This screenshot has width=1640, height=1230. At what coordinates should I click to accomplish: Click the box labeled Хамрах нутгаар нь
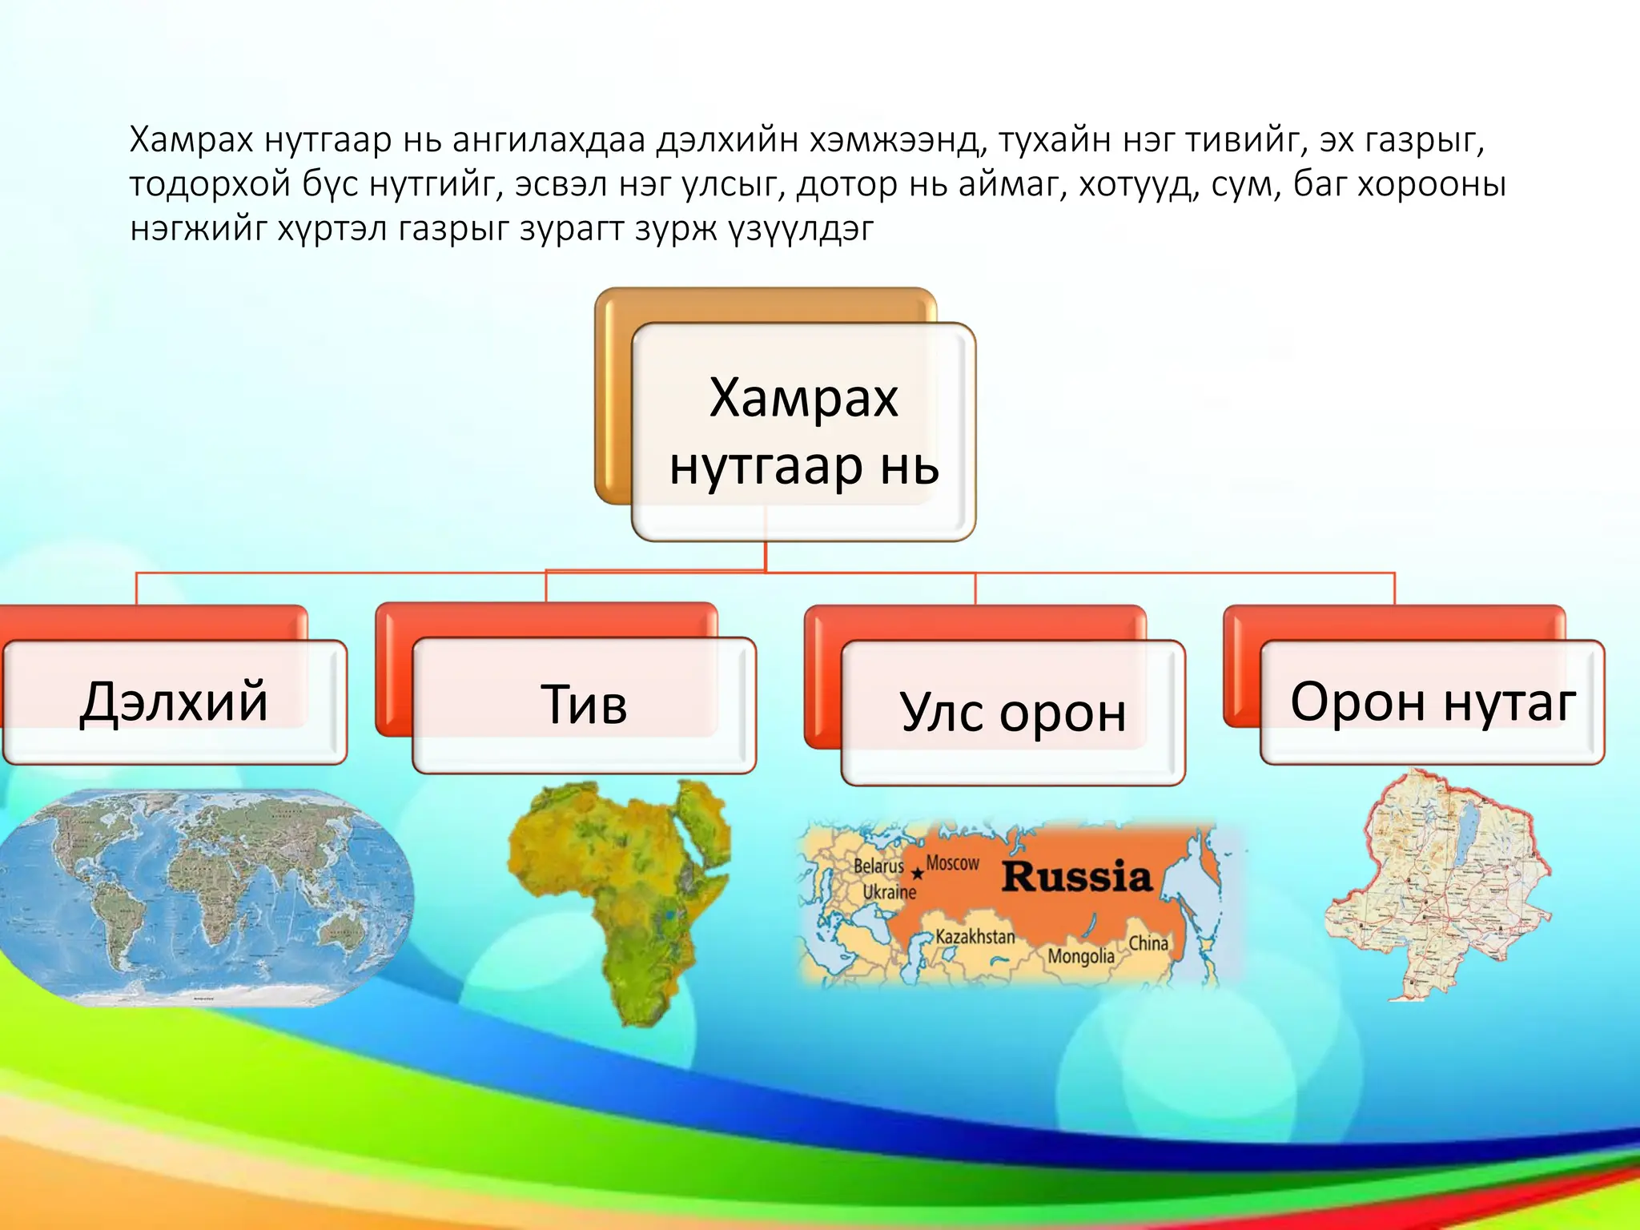tap(803, 432)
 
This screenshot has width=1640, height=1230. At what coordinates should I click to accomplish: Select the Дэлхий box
tap(175, 702)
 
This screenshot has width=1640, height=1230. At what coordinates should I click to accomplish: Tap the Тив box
tap(584, 705)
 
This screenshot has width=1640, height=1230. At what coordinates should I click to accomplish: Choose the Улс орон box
tap(1012, 712)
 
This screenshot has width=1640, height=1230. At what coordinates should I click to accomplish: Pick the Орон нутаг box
tap(1432, 702)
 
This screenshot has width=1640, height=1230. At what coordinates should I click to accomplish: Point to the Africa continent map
tap(617, 889)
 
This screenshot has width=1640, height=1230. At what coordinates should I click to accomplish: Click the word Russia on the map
tap(1076, 876)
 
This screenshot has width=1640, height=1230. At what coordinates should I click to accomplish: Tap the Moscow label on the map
tap(952, 863)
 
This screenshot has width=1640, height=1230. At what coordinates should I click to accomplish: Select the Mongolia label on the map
tap(1080, 956)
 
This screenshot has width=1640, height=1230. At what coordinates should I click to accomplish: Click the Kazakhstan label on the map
tap(975, 936)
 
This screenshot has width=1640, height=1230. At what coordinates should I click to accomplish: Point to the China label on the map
tap(1148, 943)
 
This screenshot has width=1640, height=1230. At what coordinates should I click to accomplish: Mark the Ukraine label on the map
tap(889, 892)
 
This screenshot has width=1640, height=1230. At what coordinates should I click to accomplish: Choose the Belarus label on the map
tap(878, 866)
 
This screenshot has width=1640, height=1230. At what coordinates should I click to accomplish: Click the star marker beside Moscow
tap(918, 874)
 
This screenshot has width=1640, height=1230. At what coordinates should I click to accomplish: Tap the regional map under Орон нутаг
tap(1437, 885)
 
